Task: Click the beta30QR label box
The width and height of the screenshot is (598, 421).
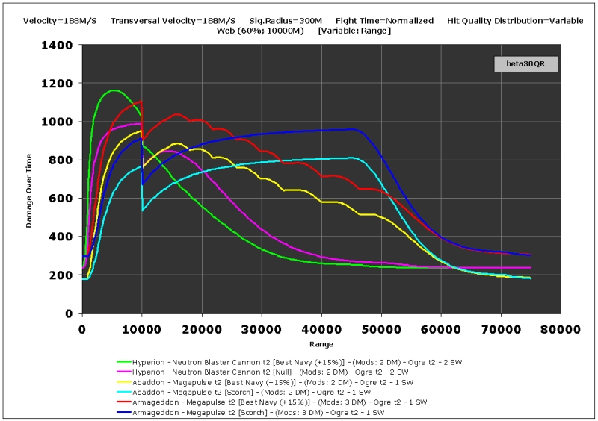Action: (526, 64)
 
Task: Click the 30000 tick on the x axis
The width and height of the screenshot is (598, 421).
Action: (262, 328)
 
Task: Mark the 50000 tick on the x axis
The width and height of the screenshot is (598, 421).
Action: (381, 328)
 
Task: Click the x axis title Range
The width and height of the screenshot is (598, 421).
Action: (321, 344)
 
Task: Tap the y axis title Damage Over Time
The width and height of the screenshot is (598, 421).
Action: (31, 178)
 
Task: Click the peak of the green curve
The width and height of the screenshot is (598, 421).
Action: (113, 90)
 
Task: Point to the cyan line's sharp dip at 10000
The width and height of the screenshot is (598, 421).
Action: (143, 210)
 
